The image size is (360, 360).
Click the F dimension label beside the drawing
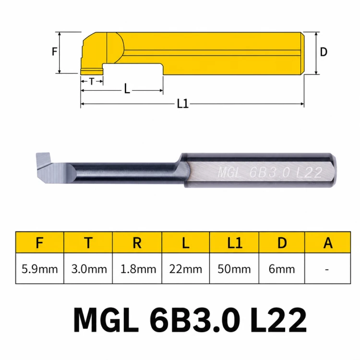point(54,51)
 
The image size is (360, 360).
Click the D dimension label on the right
point(324,52)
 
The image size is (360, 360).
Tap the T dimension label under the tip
point(92,81)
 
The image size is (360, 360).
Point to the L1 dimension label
point(183,104)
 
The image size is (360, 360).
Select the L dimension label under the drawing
point(127,89)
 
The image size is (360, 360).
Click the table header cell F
point(40,242)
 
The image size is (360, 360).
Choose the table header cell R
point(137,242)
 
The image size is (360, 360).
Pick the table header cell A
point(328,242)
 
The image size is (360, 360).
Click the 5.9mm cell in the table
point(40,268)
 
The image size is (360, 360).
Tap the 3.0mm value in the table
point(89,269)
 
